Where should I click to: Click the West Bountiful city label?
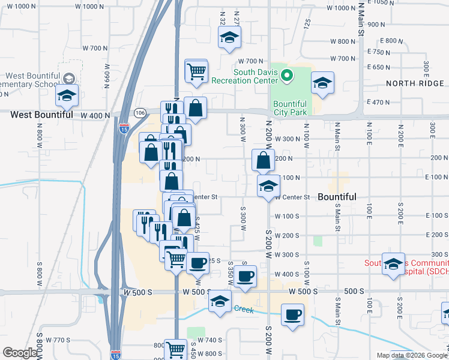tap(41, 114)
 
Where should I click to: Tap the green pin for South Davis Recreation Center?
tap(287, 76)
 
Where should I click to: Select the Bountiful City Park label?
tap(290, 108)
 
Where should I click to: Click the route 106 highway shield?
tap(140, 113)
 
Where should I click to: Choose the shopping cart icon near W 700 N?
tap(196, 71)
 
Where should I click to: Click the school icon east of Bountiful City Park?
tap(323, 85)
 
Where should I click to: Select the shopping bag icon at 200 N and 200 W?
tap(263, 160)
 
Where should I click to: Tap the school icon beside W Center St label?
tap(268, 187)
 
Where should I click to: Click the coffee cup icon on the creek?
tap(293, 315)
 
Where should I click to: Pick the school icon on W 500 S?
tap(220, 302)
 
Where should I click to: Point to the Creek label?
tap(244, 309)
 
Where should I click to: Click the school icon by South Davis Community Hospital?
tap(393, 265)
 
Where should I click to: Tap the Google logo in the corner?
tap(20, 353)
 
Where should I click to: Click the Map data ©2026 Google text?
tap(412, 355)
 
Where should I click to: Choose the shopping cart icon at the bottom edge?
tap(176, 349)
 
